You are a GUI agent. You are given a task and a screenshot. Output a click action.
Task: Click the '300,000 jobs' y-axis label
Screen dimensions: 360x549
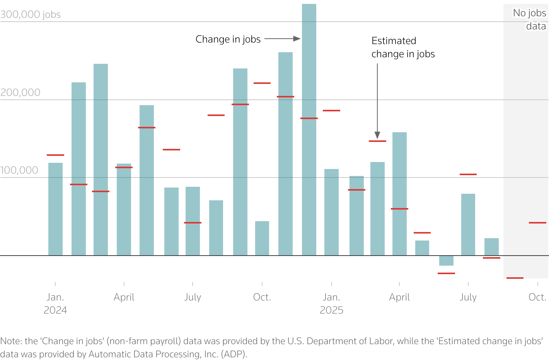pyautogui.click(x=31, y=15)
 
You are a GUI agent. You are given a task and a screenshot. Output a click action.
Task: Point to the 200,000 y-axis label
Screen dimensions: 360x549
pyautogui.click(x=20, y=92)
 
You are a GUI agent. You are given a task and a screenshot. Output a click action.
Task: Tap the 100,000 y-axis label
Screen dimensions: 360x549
pyautogui.click(x=19, y=170)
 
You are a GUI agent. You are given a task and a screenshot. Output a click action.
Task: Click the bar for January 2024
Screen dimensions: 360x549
pyautogui.click(x=55, y=209)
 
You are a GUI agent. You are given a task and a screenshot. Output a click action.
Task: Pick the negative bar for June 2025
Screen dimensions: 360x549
pyautogui.click(x=446, y=261)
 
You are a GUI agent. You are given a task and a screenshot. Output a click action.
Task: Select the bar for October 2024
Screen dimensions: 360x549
pyautogui.click(x=262, y=238)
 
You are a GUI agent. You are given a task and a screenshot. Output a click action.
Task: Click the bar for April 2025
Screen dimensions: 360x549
pyautogui.click(x=399, y=193)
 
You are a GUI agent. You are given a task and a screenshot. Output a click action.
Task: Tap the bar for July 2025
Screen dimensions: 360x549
pyautogui.click(x=468, y=224)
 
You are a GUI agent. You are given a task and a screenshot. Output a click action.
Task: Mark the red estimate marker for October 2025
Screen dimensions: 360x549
pyautogui.click(x=537, y=223)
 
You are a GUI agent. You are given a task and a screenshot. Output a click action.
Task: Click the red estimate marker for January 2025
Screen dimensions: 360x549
pyautogui.click(x=331, y=111)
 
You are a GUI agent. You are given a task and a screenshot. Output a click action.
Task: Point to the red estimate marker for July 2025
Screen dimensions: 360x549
pyautogui.click(x=468, y=174)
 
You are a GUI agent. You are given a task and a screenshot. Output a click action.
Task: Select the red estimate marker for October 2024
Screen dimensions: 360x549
pyautogui.click(x=262, y=83)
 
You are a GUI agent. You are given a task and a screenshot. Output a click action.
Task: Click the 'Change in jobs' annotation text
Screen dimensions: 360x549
pyautogui.click(x=228, y=39)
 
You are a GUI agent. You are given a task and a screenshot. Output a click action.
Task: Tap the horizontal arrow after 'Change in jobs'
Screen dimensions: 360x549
pyautogui.click(x=282, y=39)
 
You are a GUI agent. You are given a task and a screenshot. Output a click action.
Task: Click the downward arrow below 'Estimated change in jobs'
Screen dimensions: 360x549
pyautogui.click(x=377, y=101)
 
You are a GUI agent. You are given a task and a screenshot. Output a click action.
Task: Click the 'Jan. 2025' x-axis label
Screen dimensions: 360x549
pyautogui.click(x=331, y=304)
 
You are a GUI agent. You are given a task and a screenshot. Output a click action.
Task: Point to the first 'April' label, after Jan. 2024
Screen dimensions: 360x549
pyautogui.click(x=124, y=297)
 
